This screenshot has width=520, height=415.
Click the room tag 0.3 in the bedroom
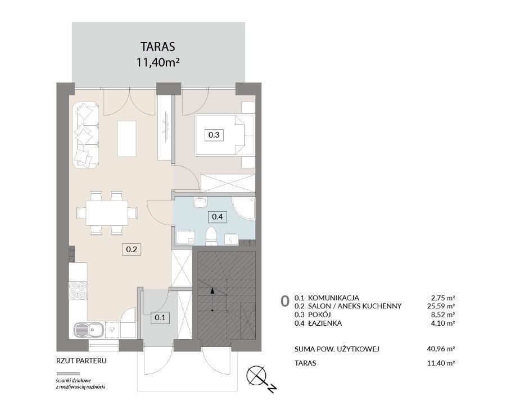point(214,135)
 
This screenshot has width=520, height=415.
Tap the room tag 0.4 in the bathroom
point(217,217)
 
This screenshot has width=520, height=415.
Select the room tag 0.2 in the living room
point(132,249)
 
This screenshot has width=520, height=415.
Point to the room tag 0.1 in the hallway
point(160,318)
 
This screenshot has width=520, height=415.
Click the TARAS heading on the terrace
point(157,47)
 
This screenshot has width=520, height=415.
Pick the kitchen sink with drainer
point(89,330)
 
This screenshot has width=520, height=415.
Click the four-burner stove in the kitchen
point(78,290)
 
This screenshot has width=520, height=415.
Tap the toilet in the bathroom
point(211,236)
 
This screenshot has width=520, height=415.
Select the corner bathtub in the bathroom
point(243,208)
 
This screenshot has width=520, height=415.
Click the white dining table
point(107,212)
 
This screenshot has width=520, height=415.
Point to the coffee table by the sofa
point(126,139)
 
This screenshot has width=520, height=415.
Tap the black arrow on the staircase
point(212,291)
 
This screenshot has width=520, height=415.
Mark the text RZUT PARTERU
point(82,361)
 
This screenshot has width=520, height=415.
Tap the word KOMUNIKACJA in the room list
point(333,298)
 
